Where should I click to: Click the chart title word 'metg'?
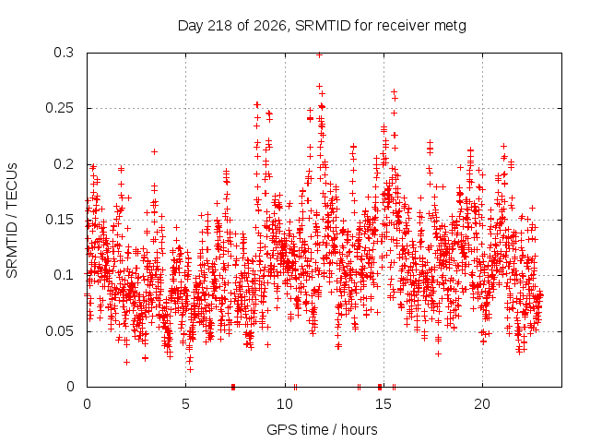click(x=450, y=27)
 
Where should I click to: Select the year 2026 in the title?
click(x=270, y=26)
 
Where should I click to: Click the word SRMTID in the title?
click(x=324, y=26)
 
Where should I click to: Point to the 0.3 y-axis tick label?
click(x=64, y=53)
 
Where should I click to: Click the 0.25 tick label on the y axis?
click(x=59, y=108)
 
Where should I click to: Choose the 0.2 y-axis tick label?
click(x=64, y=164)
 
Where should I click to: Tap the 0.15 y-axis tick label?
click(x=59, y=220)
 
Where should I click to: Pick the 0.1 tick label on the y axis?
click(x=64, y=275)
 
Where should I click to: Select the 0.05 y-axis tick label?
click(x=59, y=331)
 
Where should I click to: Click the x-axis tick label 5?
click(x=186, y=404)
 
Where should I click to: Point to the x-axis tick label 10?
click(x=285, y=404)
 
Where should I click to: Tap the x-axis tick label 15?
click(x=383, y=404)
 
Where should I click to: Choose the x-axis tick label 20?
click(x=482, y=404)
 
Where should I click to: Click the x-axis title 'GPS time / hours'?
click(x=322, y=430)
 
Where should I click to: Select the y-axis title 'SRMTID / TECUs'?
click(x=12, y=221)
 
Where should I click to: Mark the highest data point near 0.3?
click(x=320, y=54)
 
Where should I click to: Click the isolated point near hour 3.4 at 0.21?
click(x=154, y=151)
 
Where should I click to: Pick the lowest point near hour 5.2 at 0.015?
click(x=191, y=370)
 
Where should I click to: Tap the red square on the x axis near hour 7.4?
click(x=233, y=387)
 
